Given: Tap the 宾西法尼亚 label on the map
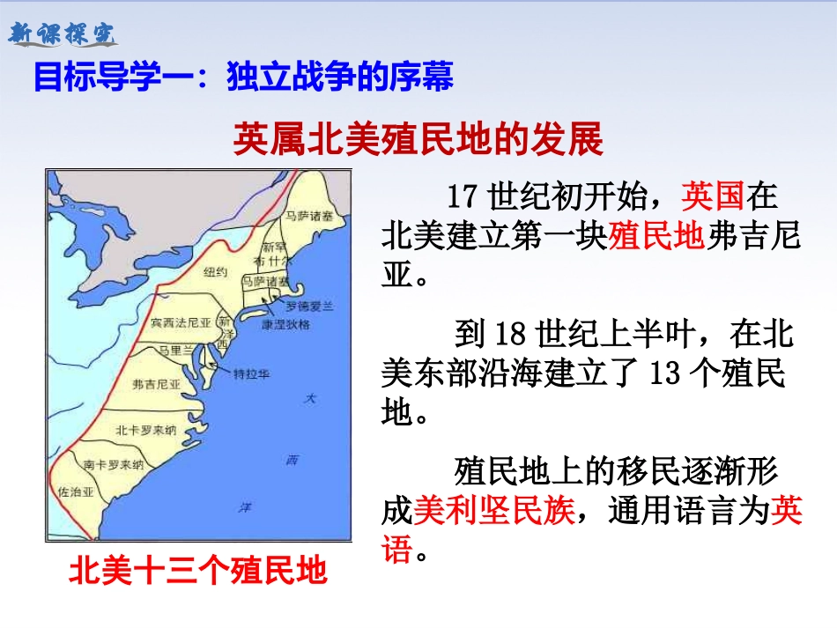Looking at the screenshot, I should click(181, 323).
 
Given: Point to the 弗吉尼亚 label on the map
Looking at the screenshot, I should click(156, 384).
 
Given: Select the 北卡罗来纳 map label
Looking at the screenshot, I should click(146, 430).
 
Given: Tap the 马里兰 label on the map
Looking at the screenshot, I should click(174, 349).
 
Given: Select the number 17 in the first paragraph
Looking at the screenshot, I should click(463, 194).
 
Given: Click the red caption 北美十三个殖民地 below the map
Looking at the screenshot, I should click(198, 572).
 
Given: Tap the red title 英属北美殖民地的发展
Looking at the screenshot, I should click(418, 139).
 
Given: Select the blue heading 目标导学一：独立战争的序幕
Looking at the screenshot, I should click(243, 78).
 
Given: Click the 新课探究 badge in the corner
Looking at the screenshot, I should click(62, 34).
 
